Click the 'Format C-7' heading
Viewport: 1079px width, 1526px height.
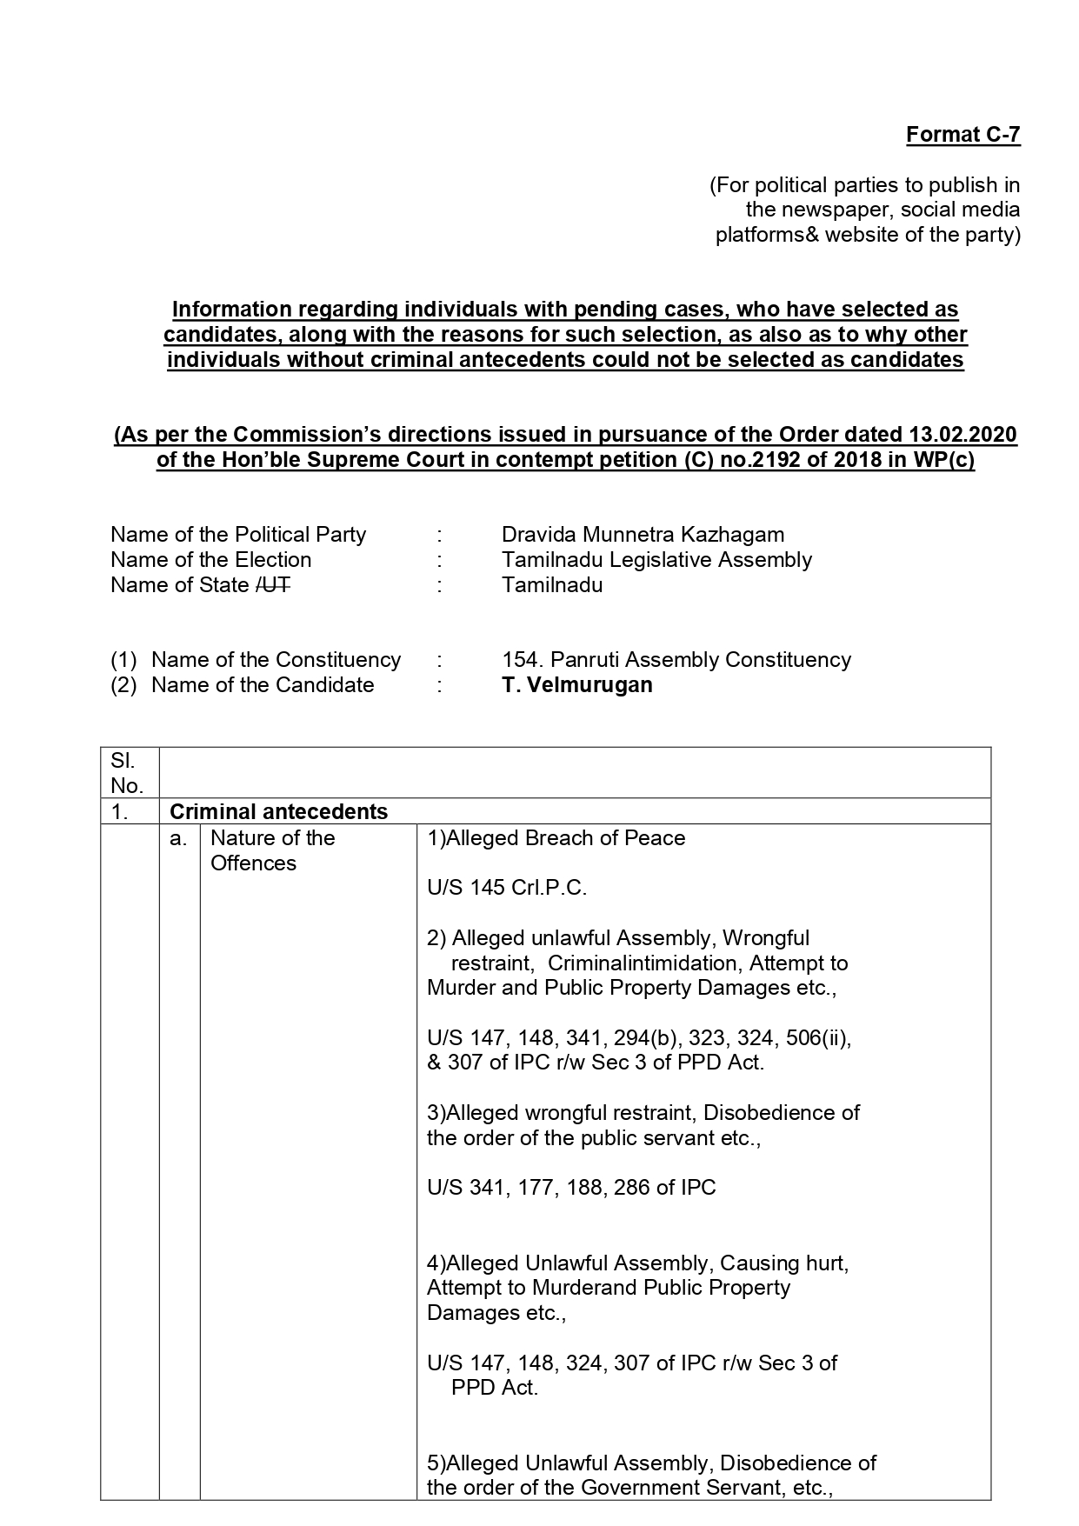tap(962, 135)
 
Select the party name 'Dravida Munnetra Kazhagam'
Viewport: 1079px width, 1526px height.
tap(643, 535)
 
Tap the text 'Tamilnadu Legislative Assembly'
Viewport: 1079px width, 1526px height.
tap(656, 560)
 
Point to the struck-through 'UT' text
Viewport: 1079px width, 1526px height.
tap(276, 585)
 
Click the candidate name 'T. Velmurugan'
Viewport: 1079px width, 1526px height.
tap(576, 685)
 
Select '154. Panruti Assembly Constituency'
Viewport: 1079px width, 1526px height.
tap(676, 660)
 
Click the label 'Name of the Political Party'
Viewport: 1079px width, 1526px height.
tap(238, 535)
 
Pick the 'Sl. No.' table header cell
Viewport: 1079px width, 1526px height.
tap(127, 773)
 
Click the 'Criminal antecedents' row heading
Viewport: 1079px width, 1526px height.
tap(278, 812)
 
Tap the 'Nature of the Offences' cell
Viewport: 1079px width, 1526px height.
tap(272, 850)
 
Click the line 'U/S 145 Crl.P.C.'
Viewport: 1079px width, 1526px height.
tap(507, 888)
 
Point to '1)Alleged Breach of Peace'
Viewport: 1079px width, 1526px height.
tap(556, 838)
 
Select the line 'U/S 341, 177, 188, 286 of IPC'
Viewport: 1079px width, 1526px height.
tap(571, 1188)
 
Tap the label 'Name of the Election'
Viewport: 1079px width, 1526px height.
tap(210, 560)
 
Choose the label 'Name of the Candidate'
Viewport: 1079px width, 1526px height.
tap(262, 685)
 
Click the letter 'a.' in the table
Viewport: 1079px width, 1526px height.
tap(178, 838)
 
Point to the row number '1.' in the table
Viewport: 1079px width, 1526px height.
tap(120, 812)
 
